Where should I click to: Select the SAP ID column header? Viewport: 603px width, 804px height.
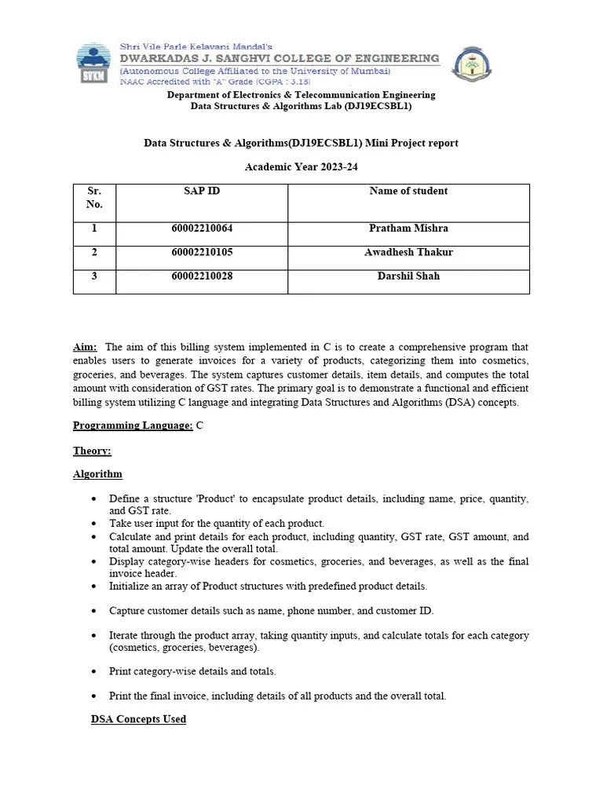pos(202,191)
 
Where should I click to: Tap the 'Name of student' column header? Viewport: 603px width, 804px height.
pos(408,191)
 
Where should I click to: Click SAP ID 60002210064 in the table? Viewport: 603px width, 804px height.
pos(202,228)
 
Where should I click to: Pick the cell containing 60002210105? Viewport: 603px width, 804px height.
pos(202,252)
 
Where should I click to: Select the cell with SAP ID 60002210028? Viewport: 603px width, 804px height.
pos(202,276)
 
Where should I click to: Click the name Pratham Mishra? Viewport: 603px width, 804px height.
pos(408,228)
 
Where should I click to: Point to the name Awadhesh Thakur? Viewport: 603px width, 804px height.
pos(408,252)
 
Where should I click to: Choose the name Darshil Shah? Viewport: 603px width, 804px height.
pos(408,276)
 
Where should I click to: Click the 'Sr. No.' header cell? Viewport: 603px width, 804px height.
pos(94,197)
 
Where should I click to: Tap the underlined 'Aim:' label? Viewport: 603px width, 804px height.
pos(85,347)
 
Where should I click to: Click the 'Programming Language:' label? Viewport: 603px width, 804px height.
pos(133,426)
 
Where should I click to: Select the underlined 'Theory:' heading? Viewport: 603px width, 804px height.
pos(92,451)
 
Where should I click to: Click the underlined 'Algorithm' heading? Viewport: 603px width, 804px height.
pos(97,474)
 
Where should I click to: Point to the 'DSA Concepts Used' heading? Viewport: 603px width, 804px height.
pos(138,719)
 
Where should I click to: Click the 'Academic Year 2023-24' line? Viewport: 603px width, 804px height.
pos(301,167)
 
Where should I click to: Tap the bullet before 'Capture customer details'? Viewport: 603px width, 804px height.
pos(95,611)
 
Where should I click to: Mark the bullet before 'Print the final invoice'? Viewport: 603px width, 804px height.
pos(95,696)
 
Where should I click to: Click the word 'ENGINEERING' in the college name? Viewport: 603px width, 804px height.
pos(393,58)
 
